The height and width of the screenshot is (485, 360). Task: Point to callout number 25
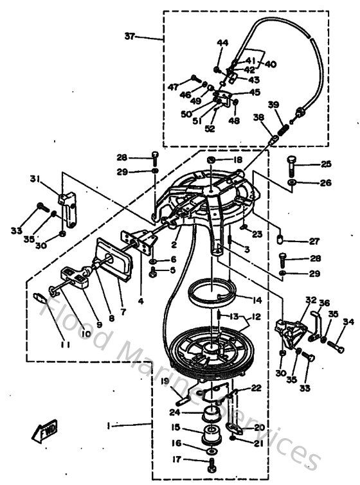coord(327,164)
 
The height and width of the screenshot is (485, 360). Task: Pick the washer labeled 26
coord(292,184)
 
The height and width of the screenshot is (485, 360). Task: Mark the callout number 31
coord(35,179)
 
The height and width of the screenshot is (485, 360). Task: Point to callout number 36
coord(325,303)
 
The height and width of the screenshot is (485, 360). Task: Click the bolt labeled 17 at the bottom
coord(212,459)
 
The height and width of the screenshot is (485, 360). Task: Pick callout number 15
coord(175,427)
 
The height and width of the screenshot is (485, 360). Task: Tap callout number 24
coord(174,412)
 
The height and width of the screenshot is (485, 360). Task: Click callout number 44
coord(222,42)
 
